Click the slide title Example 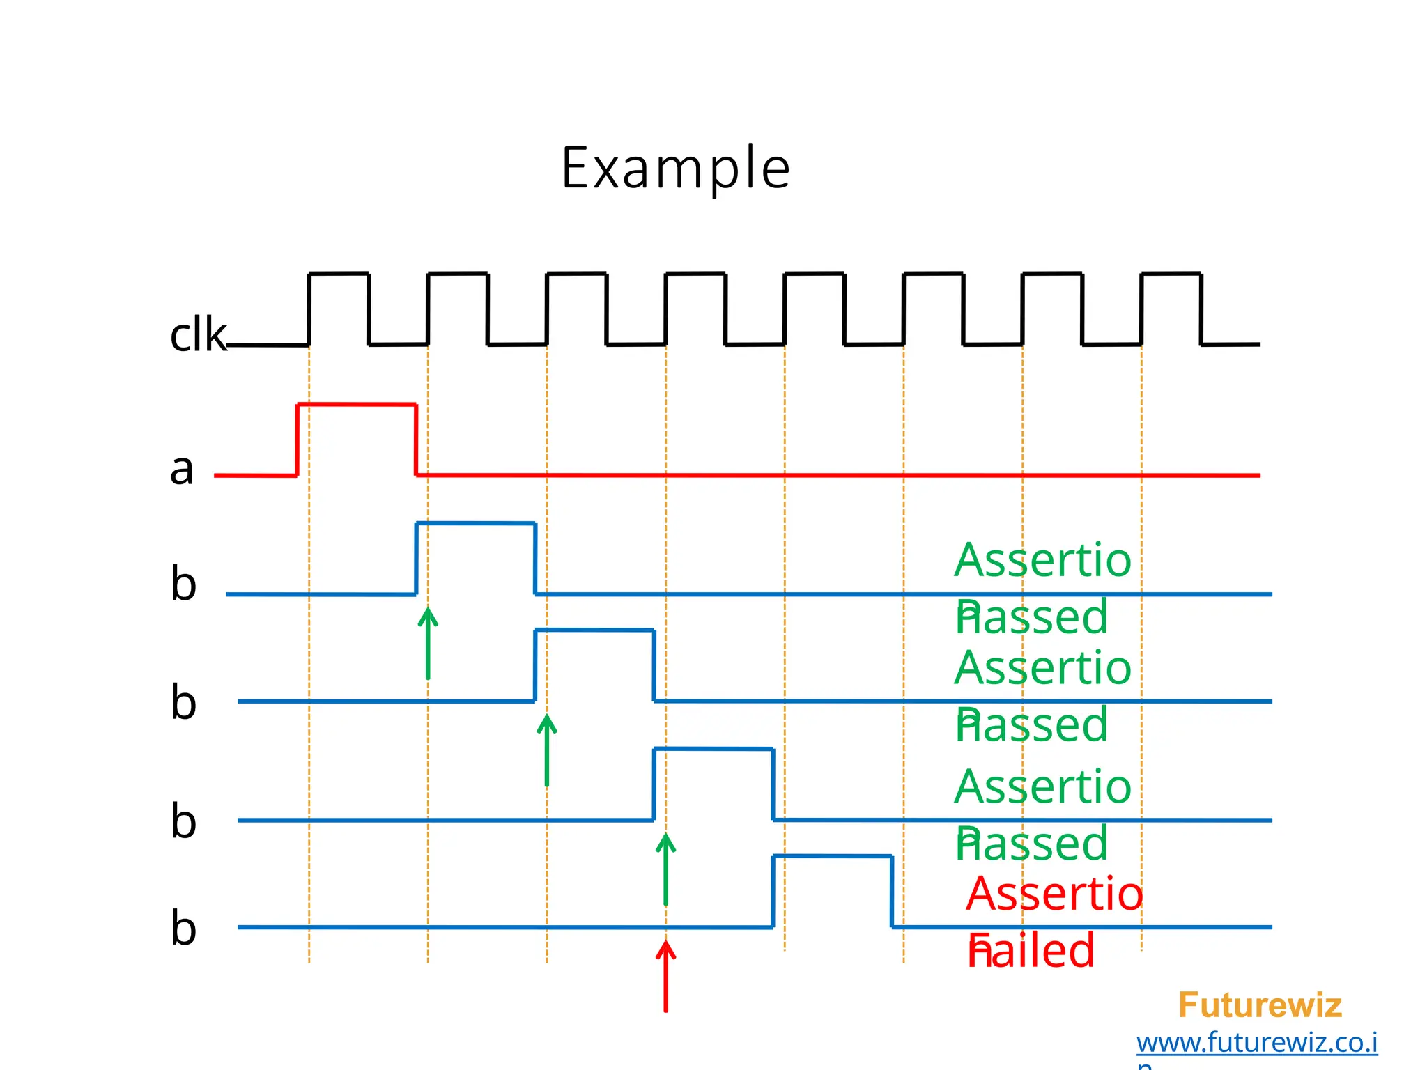pyautogui.click(x=675, y=169)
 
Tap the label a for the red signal pyautogui.click(x=182, y=468)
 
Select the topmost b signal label pyautogui.click(x=183, y=583)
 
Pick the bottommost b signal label pyautogui.click(x=183, y=928)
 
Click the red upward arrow pyautogui.click(x=665, y=975)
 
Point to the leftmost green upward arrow pyautogui.click(x=428, y=642)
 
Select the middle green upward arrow pyautogui.click(x=547, y=750)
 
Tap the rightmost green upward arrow pyautogui.click(x=665, y=869)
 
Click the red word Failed pyautogui.click(x=1031, y=951)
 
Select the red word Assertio pyautogui.click(x=1054, y=894)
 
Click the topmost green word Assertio pyautogui.click(x=1042, y=560)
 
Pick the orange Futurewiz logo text pyautogui.click(x=1260, y=1005)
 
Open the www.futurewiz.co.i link pyautogui.click(x=1257, y=1043)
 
